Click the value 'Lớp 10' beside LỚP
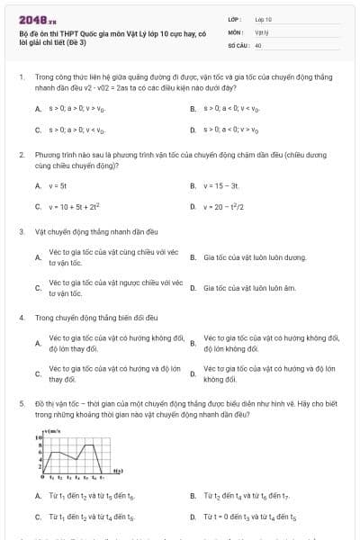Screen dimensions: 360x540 tap(264, 18)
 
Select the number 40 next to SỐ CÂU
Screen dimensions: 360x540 tap(258, 44)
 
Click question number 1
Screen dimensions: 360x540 tap(21, 77)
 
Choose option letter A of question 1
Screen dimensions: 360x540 tap(38, 109)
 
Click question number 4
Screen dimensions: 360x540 tap(21, 318)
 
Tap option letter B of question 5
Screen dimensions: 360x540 tap(193, 496)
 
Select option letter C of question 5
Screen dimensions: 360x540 tap(38, 517)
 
